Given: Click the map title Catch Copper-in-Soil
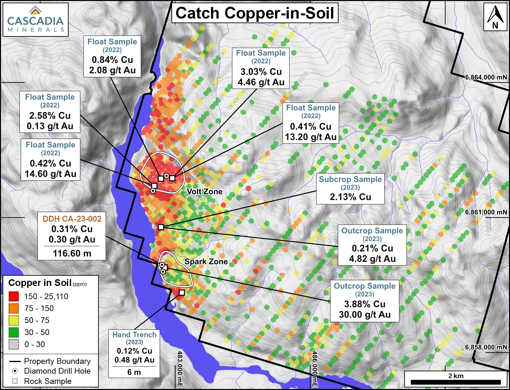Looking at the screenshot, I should [255, 13].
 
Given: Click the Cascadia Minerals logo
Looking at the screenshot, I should [35, 19].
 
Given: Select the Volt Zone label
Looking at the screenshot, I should [205, 191].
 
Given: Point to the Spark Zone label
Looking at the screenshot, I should [206, 262].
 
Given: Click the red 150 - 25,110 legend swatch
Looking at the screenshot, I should [14, 297].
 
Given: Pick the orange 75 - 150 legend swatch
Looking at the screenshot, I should [14, 308].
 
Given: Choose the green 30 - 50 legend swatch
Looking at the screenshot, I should [14, 332].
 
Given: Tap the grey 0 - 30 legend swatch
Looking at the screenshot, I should [14, 345].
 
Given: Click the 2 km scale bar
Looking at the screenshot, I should [455, 382].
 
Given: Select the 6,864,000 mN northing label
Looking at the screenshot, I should [486, 77].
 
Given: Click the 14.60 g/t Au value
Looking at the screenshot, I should [51, 174].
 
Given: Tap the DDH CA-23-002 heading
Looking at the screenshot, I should [72, 219].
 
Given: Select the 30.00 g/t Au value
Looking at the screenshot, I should [365, 314].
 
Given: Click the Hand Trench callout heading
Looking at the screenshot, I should [134, 335].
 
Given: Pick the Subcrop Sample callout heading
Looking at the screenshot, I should [350, 179].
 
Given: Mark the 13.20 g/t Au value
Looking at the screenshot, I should [311, 137].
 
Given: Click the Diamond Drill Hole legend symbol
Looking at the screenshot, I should [15, 371].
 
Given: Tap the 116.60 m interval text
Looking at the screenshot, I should [72, 254].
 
